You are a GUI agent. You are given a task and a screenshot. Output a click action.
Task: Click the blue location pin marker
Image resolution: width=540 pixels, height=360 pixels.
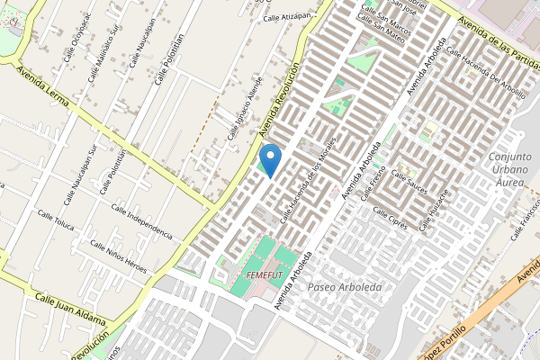270,159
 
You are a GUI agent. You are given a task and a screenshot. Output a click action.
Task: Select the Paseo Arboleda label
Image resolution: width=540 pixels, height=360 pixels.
345,287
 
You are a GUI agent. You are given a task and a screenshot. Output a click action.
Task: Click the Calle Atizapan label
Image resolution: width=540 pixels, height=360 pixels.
285,17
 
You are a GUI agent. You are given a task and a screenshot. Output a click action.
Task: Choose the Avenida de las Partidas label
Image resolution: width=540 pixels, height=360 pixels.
497,37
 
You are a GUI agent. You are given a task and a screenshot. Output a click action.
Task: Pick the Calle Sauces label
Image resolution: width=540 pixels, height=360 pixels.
409,184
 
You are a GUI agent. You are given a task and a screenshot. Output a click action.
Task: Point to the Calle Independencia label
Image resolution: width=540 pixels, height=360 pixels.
141,220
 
